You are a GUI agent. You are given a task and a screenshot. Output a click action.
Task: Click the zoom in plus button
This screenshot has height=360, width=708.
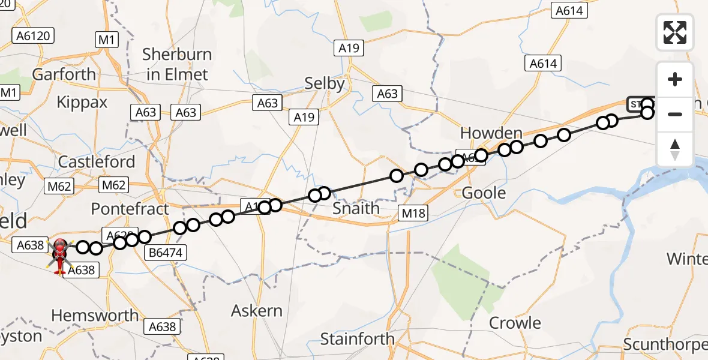coord(675,80)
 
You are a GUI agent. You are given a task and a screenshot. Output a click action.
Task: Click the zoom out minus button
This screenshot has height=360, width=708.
coord(675,114)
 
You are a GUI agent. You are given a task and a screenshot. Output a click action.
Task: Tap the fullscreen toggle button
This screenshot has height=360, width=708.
coord(675,32)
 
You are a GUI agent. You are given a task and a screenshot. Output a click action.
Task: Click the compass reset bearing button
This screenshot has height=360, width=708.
coord(675,149)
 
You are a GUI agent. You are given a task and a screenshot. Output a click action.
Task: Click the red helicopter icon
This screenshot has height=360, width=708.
coord(61,256)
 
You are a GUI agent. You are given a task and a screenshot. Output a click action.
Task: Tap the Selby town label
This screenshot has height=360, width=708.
coord(325,83)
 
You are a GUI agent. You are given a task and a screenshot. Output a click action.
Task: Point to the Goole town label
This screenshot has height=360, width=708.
coord(484,193)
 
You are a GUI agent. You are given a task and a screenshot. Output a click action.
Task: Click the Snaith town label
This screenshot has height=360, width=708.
coord(356,209)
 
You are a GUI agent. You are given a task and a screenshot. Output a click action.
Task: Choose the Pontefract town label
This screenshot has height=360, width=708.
coord(130,209)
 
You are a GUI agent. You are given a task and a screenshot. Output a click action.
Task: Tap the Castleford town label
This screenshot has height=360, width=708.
coord(97,162)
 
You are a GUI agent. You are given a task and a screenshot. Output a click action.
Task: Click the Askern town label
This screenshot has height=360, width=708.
coord(257,311)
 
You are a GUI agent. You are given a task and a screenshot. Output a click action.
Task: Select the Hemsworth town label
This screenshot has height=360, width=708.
coord(95,316)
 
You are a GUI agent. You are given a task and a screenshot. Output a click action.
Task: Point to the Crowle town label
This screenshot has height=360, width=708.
coord(515,323)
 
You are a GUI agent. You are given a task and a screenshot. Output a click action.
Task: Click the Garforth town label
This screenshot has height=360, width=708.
coord(64,74)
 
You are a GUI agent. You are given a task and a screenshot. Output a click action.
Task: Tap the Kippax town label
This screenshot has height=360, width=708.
coord(82,102)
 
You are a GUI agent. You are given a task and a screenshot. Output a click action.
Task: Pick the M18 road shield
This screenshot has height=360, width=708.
coord(414,212)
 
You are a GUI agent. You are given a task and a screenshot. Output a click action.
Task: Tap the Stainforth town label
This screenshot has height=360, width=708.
coord(358,339)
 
